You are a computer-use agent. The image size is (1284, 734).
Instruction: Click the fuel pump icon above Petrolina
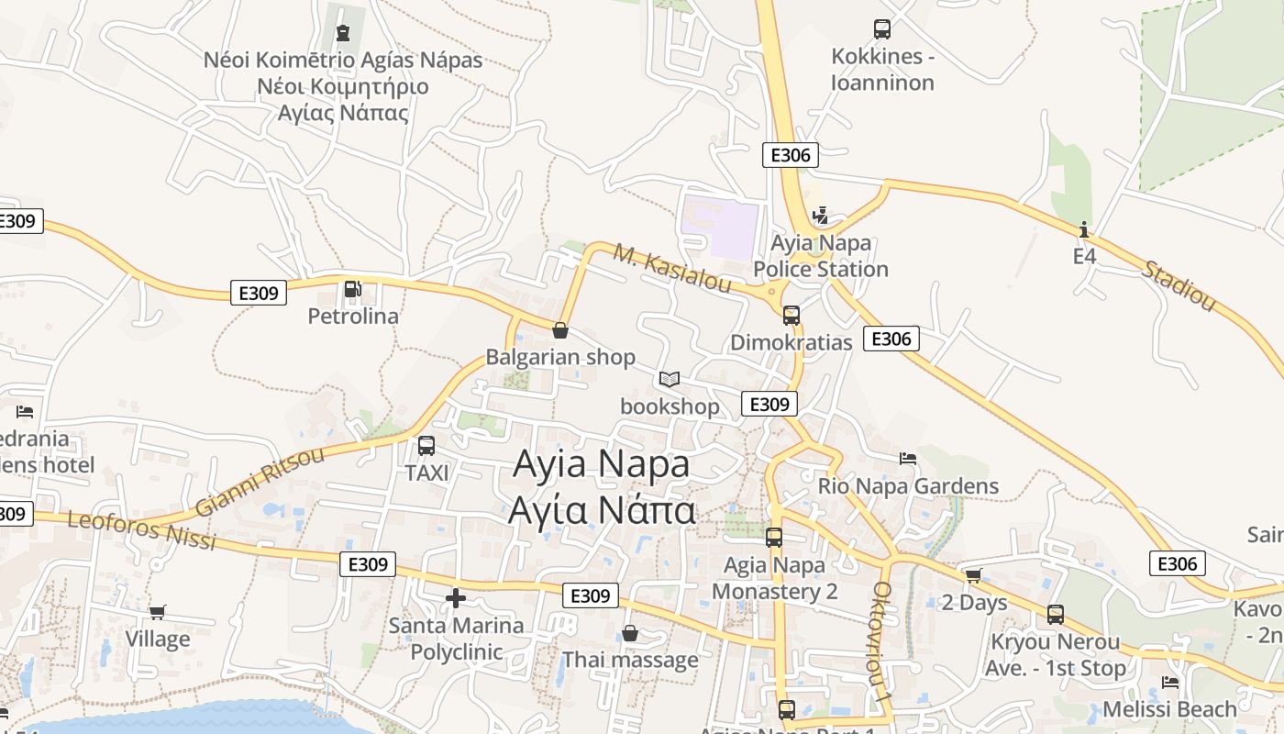click(352, 290)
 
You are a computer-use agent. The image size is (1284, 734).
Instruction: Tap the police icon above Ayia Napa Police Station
click(820, 217)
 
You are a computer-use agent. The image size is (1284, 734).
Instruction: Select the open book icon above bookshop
click(670, 379)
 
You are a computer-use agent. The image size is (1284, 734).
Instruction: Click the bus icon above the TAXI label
click(426, 446)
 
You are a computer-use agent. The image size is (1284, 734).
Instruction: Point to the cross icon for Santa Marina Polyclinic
click(456, 599)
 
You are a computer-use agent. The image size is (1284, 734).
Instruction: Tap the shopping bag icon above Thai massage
click(630, 633)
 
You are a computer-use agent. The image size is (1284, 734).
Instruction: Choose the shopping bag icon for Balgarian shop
click(560, 330)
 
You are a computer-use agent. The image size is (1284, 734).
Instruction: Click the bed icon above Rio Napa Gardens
click(908, 459)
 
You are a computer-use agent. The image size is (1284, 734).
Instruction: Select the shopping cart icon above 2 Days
click(973, 575)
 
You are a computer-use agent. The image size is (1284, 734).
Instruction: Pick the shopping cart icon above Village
click(158, 612)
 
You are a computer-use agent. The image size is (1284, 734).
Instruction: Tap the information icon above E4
click(1084, 229)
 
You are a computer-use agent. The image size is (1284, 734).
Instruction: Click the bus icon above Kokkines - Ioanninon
click(882, 29)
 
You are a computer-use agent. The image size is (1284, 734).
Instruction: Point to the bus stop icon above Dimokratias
click(791, 316)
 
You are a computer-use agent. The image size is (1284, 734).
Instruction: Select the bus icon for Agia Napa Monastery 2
click(774, 538)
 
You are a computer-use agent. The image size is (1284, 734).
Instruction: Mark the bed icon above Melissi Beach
click(1169, 683)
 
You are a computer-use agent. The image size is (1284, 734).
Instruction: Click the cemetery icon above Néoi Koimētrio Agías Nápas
click(343, 34)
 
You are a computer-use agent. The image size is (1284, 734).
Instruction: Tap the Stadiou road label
click(1179, 285)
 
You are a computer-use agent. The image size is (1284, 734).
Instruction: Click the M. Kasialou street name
click(672, 268)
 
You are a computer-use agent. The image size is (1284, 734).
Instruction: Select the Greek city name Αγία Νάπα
click(602, 510)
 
